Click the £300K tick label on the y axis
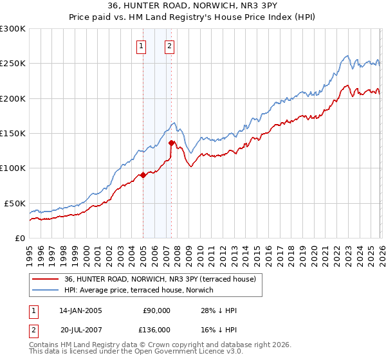click(x=13, y=29)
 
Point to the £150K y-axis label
click(x=13, y=134)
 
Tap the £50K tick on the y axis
click(x=15, y=203)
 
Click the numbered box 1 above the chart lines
click(x=141, y=46)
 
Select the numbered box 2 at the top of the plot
click(x=169, y=46)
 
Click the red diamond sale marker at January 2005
click(x=143, y=175)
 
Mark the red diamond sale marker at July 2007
click(x=171, y=143)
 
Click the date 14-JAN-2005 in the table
click(x=80, y=310)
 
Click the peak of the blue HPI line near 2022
click(x=347, y=55)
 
